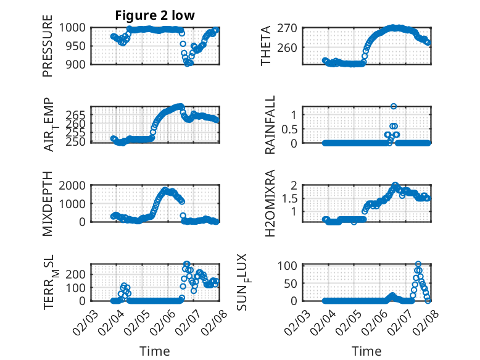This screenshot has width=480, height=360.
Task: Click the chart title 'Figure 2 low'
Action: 155,16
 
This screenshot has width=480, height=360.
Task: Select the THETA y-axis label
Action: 266,47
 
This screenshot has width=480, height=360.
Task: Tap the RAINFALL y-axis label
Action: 270,125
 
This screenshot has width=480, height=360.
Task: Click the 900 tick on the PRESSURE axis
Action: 78,64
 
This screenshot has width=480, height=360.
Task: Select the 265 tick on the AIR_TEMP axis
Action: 78,115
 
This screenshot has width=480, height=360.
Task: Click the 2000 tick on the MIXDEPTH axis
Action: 76,185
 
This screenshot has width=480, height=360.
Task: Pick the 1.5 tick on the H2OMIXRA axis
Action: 292,198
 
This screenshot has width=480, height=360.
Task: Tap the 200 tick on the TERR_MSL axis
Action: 78,273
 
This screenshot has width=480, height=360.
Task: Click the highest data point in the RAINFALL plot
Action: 393,106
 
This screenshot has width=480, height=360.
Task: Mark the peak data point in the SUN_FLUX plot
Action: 418,264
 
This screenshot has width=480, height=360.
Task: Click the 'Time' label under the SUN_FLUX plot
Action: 366,351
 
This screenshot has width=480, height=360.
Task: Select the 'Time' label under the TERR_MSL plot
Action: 154,351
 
